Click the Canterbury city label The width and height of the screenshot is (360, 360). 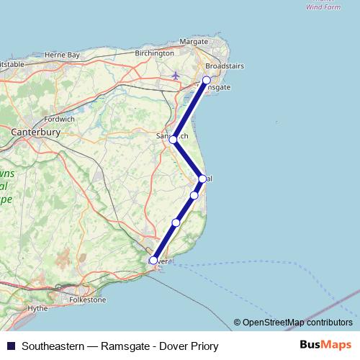pyautogui.click(x=35, y=132)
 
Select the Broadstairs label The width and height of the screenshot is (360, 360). pyautogui.click(x=224, y=66)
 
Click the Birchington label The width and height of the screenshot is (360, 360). pyautogui.click(x=153, y=53)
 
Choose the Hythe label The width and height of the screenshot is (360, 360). pyautogui.click(x=37, y=307)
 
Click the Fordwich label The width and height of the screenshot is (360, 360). pyautogui.click(x=59, y=119)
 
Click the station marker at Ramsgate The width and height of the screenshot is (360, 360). pyautogui.click(x=207, y=81)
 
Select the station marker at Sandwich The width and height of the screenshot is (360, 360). pyautogui.click(x=173, y=139)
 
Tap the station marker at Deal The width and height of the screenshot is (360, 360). pyautogui.click(x=202, y=179)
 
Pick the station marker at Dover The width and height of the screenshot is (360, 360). pyautogui.click(x=153, y=261)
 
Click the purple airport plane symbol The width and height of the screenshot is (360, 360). pyautogui.click(x=177, y=74)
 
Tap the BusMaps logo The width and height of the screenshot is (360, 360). pyautogui.click(x=325, y=346)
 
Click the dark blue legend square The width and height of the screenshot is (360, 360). pyautogui.click(x=10, y=346)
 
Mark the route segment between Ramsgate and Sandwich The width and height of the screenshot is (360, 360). pyautogui.click(x=190, y=109)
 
